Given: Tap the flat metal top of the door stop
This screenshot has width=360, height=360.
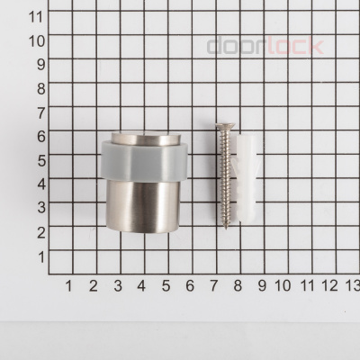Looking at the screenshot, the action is click(147, 138).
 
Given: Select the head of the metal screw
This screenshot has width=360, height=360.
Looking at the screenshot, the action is click(225, 125).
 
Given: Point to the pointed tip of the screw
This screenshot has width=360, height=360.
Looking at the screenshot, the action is click(226, 228).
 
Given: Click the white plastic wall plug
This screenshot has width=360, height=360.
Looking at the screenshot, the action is click(247, 179).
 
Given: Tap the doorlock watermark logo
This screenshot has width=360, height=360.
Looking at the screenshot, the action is click(265, 46).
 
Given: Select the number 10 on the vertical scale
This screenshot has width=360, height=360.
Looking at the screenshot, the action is click(37, 40).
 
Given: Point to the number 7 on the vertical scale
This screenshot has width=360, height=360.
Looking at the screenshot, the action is click(41, 112).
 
